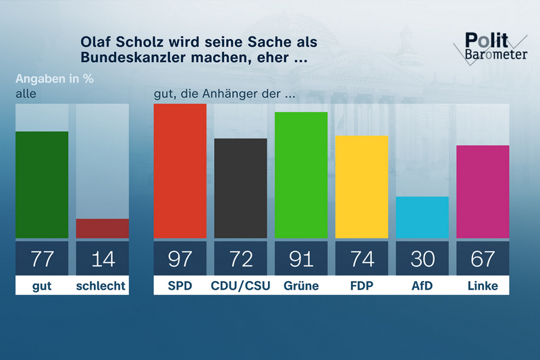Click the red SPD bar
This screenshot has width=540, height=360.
180,171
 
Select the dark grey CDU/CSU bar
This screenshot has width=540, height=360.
240,188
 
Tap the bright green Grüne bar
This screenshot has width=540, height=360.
301,175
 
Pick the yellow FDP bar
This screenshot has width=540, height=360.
362,187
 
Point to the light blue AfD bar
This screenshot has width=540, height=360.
423,217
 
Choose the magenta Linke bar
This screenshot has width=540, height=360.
483,192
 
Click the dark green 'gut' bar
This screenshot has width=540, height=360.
42,184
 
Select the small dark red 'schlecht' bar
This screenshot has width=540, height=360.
103,228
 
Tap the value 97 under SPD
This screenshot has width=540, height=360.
180,258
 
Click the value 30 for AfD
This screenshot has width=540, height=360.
423,258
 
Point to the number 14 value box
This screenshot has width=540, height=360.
103,258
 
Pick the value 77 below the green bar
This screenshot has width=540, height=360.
42,258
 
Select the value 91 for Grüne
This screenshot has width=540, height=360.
301,258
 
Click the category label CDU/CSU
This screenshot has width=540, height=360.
240,286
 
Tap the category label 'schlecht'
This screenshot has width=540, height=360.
103,286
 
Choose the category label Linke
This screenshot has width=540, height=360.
483,286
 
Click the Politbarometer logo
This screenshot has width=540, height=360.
491,48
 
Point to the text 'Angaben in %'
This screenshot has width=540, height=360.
54,78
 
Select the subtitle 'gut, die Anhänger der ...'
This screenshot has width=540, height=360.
225,94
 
